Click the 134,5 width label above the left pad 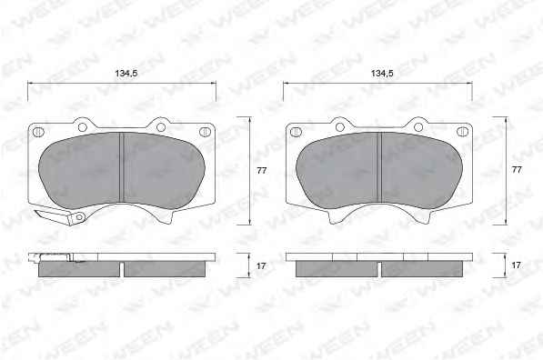coord(126,74)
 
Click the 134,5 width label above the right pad coord(382,74)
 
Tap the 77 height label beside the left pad coord(262,170)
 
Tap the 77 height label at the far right coord(517,170)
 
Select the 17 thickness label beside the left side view coord(261,265)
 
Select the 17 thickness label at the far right coord(516,265)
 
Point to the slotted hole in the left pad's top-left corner coord(38,132)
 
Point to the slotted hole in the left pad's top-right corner coord(205,132)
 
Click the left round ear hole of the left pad coord(83,127)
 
